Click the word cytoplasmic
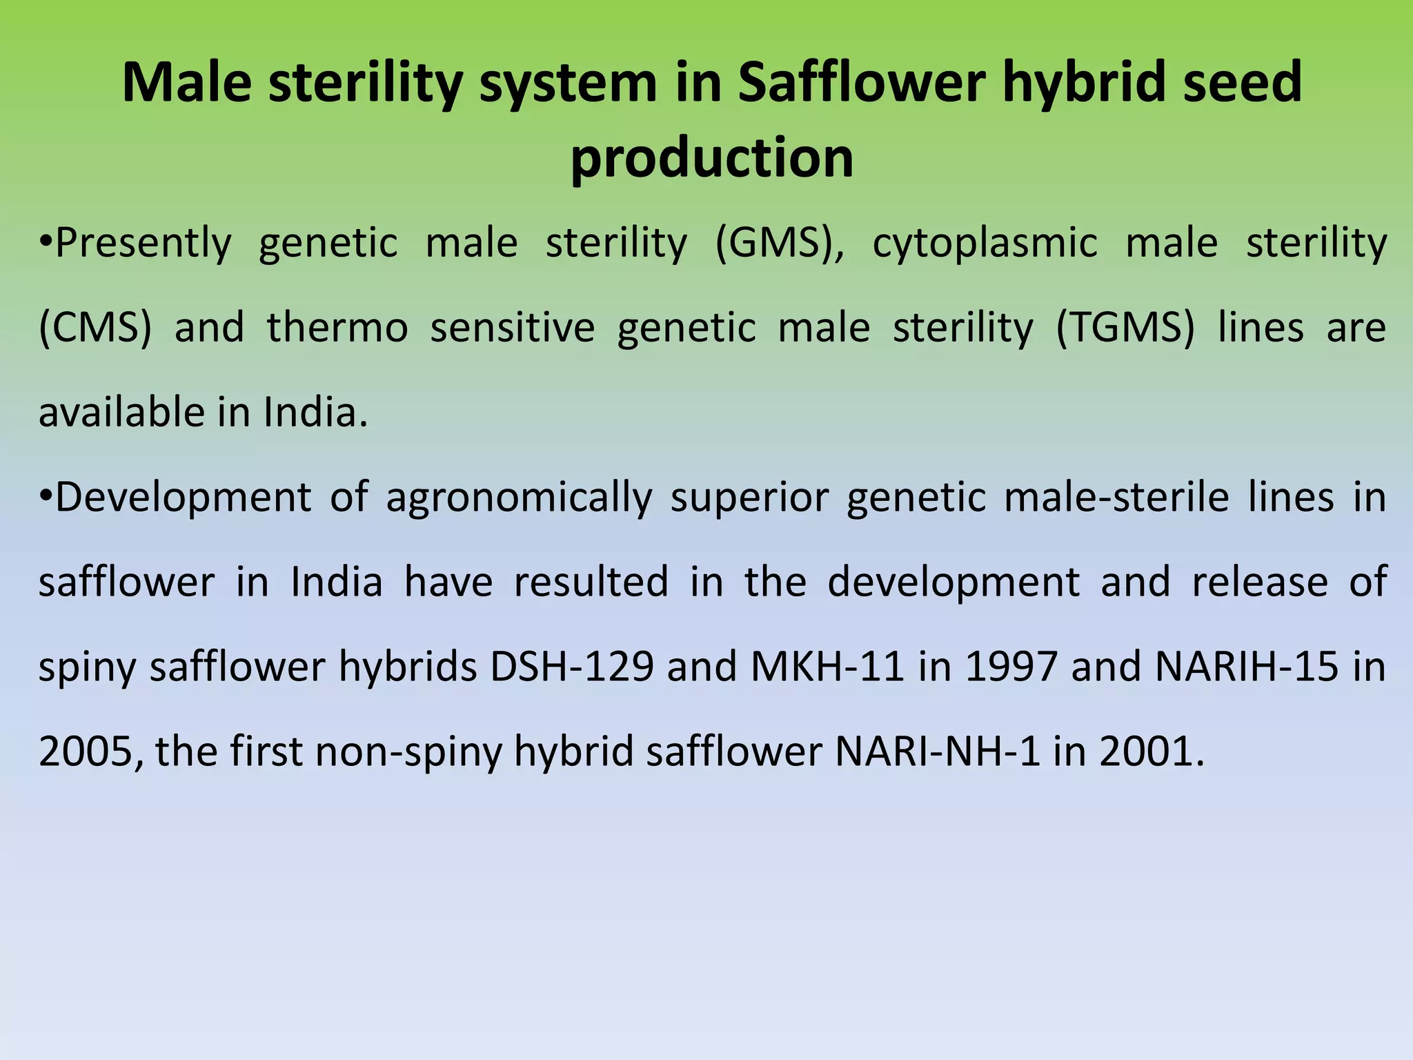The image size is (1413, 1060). click(985, 244)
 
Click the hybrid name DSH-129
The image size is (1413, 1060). click(572, 667)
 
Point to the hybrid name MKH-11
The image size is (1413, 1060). click(827, 667)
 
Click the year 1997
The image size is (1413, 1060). click(1011, 667)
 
